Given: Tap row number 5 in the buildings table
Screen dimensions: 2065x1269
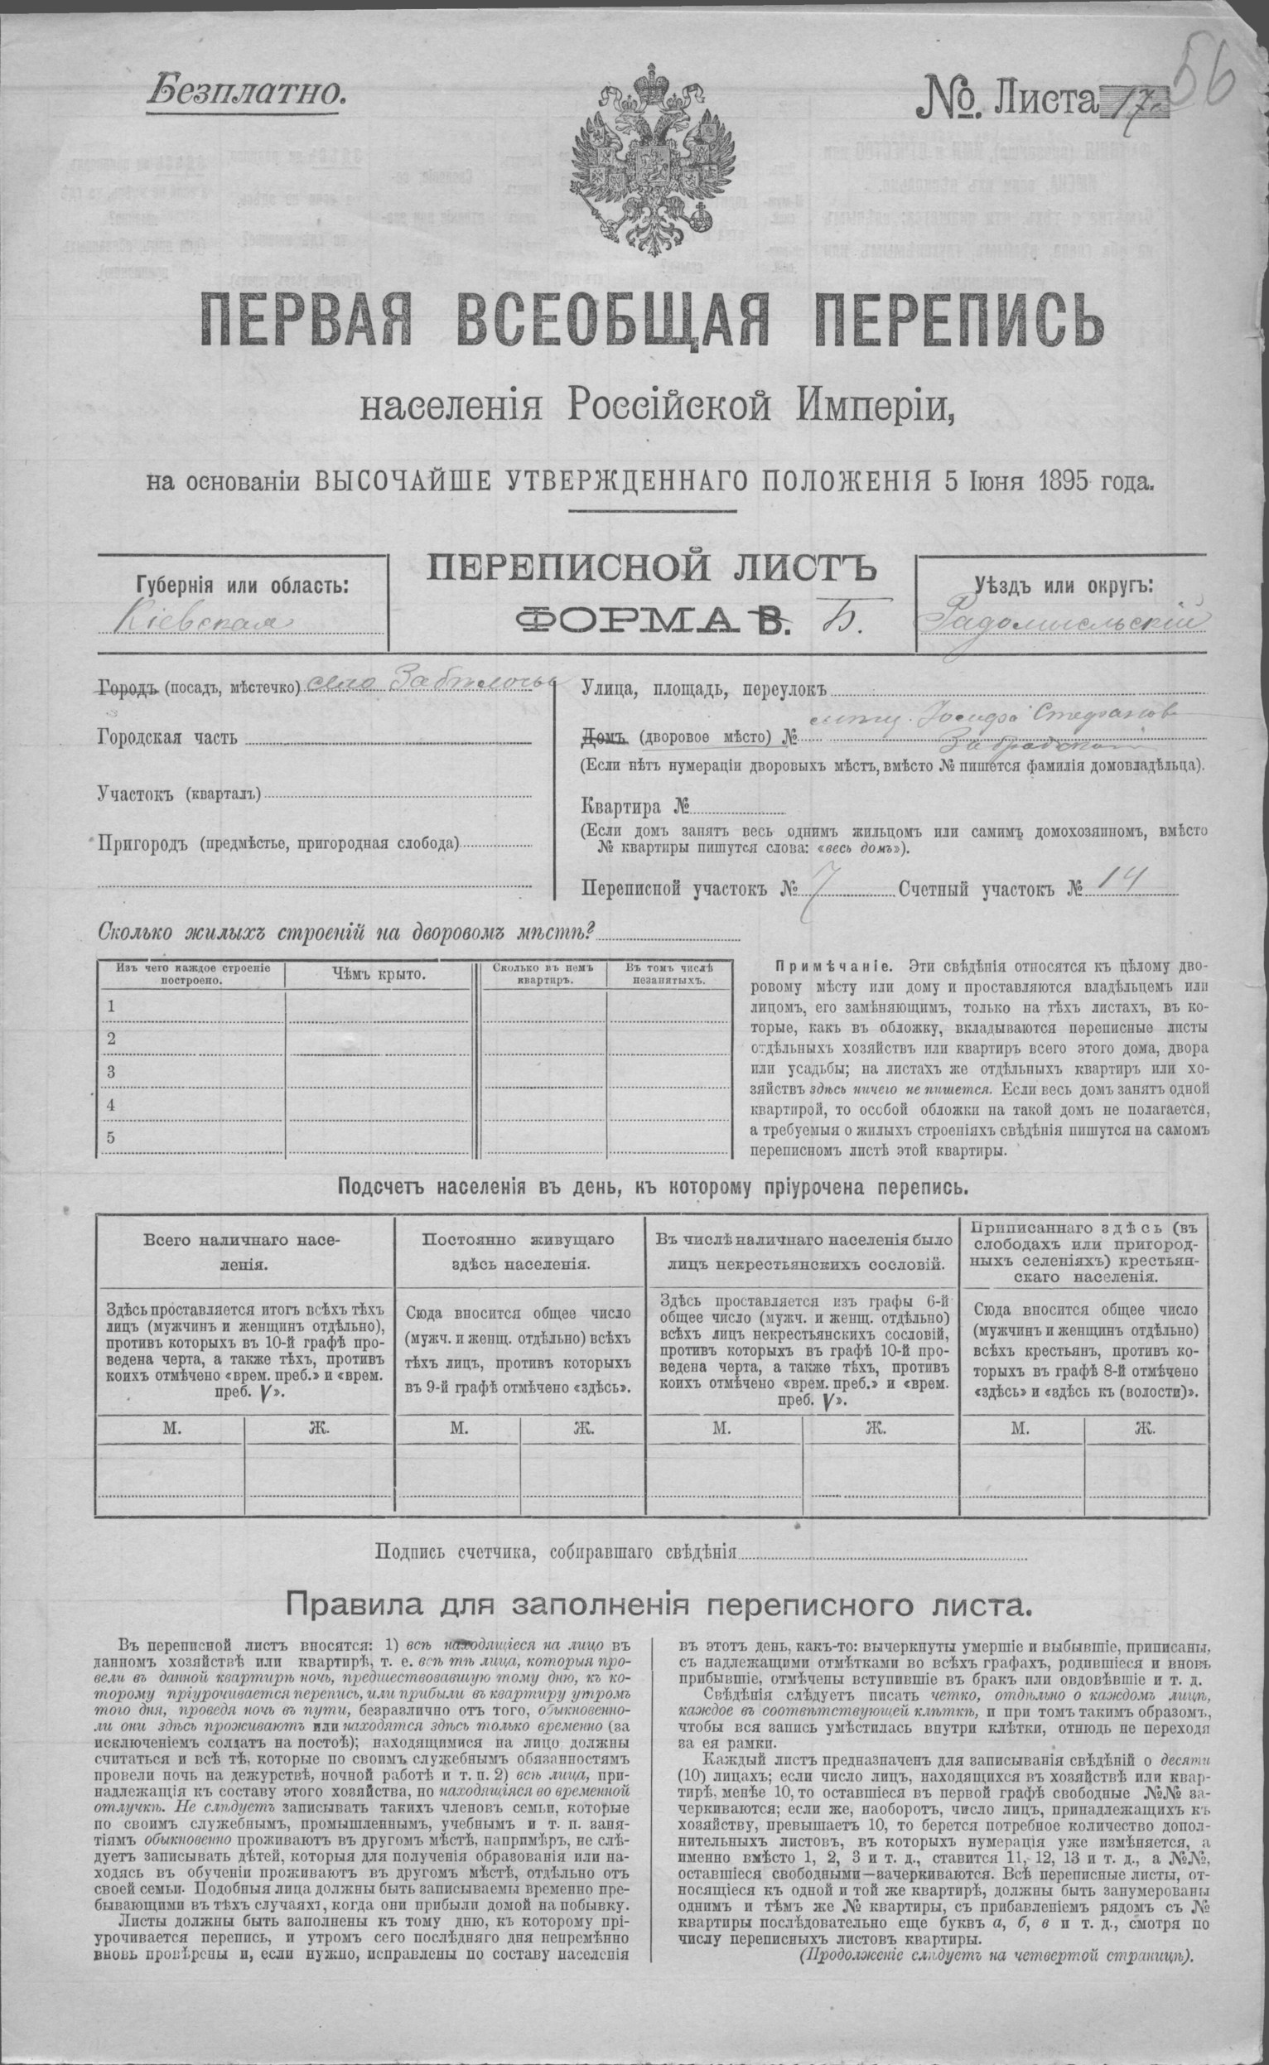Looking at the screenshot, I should pos(110,1137).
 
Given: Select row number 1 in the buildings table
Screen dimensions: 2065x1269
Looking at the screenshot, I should pos(110,1006).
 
